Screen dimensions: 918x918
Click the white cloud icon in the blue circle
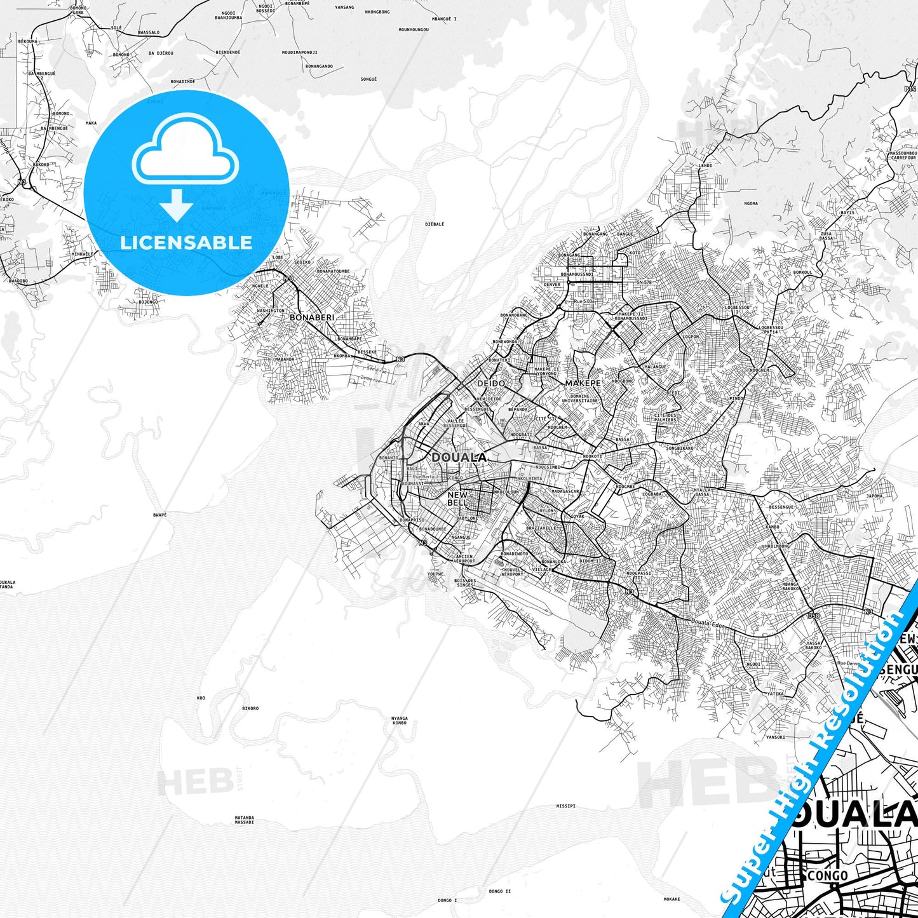[x=185, y=152]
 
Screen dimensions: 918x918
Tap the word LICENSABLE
[x=186, y=242]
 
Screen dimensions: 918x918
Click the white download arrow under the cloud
[x=177, y=205]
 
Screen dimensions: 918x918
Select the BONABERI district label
[x=311, y=317]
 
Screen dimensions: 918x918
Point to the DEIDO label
[x=491, y=383]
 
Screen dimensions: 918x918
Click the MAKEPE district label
[x=583, y=383]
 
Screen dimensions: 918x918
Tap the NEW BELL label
[x=457, y=499]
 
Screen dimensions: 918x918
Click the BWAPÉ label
[x=160, y=515]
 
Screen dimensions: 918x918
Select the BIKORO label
[x=250, y=708]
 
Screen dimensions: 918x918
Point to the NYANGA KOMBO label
[x=399, y=720]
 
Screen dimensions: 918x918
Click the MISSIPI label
[x=565, y=806]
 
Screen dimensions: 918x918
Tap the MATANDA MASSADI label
[x=245, y=820]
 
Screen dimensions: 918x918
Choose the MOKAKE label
[x=672, y=899]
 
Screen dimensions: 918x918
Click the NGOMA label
[x=751, y=204]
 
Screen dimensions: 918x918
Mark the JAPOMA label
[x=874, y=496]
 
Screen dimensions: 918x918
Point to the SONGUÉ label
[x=368, y=79]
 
